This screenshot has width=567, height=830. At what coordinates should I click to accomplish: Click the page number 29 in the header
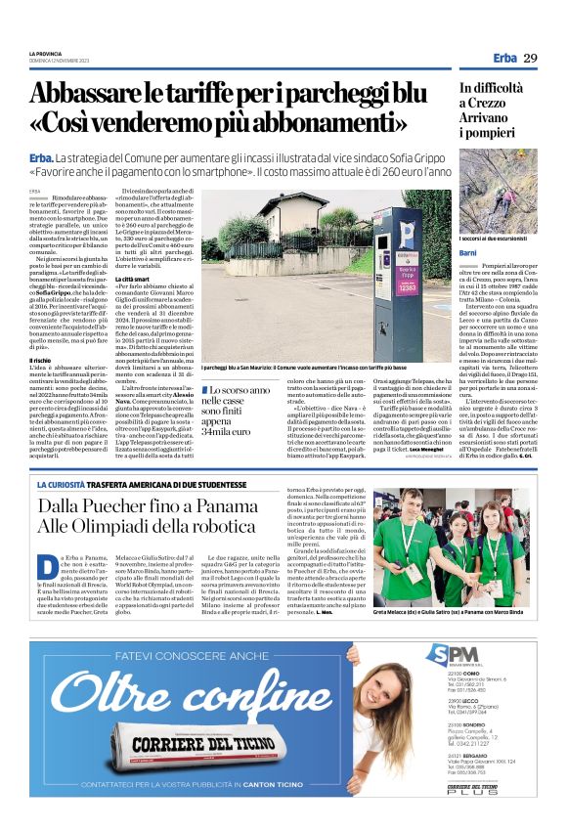pos(531,59)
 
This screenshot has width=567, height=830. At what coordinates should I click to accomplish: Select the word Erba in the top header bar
pos(505,59)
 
